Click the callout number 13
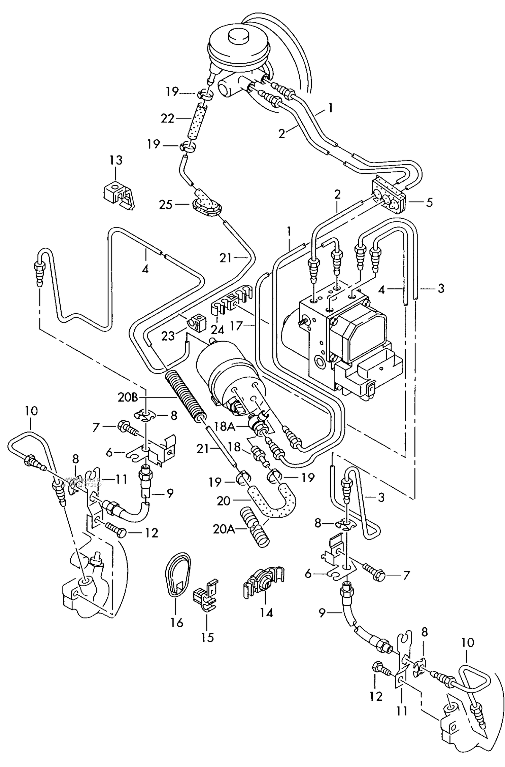point(115,161)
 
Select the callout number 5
point(429,203)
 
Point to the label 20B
point(128,397)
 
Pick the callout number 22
point(167,118)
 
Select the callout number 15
point(208,637)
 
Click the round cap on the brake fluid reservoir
point(237,36)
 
